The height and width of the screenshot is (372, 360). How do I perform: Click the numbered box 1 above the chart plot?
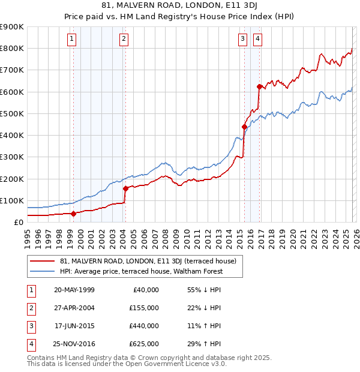click(x=71, y=40)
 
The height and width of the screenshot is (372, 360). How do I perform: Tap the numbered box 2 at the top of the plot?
click(x=123, y=40)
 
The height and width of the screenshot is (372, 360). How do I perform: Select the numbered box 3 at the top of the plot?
click(x=242, y=40)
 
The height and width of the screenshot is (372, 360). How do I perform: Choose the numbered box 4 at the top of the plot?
click(x=257, y=40)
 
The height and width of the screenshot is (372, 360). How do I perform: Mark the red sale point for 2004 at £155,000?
click(x=125, y=188)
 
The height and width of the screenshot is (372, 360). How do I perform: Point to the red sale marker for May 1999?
click(x=73, y=213)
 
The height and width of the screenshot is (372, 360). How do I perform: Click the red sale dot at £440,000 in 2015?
click(x=244, y=127)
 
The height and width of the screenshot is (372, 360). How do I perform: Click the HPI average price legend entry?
click(x=141, y=271)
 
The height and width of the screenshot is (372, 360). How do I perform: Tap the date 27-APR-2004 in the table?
click(x=74, y=308)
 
